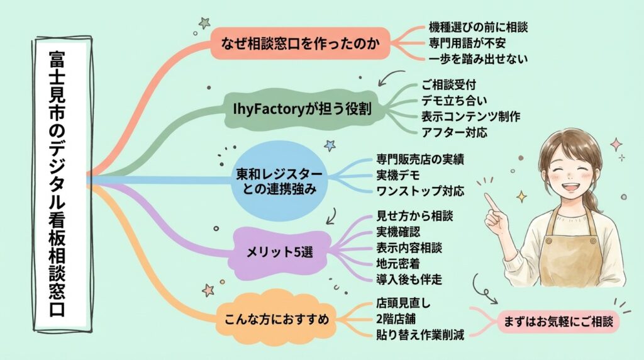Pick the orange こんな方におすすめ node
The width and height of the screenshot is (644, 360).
point(276,319)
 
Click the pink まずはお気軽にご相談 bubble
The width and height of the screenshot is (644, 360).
point(558,322)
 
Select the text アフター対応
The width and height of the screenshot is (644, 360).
point(455,132)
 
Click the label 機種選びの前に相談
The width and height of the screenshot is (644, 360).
point(478,27)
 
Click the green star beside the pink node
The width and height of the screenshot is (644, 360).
point(204,23)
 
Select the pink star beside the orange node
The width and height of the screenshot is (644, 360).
point(208,290)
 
